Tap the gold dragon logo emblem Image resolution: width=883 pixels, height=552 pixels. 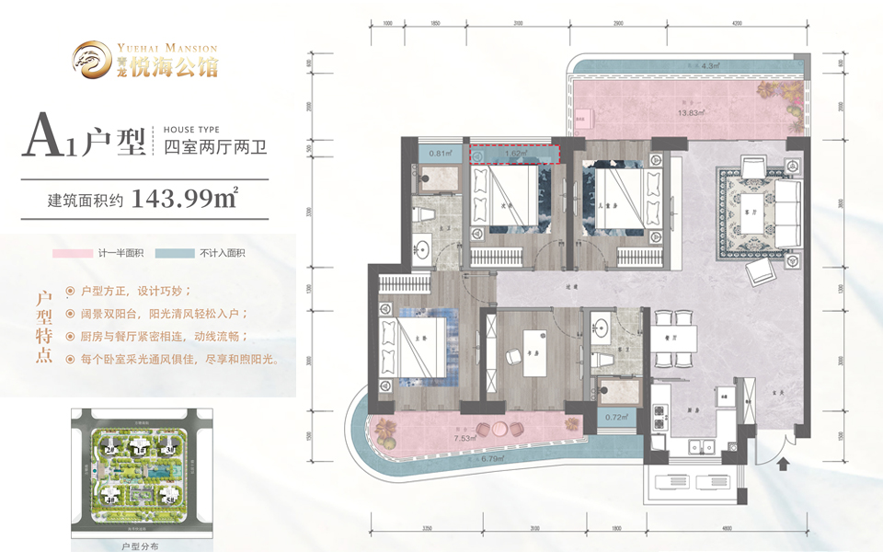[x=92, y=57]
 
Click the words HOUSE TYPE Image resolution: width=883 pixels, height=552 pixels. [x=191, y=130]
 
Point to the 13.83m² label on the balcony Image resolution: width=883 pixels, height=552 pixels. [x=691, y=113]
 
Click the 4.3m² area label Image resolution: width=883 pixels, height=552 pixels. [x=708, y=66]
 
